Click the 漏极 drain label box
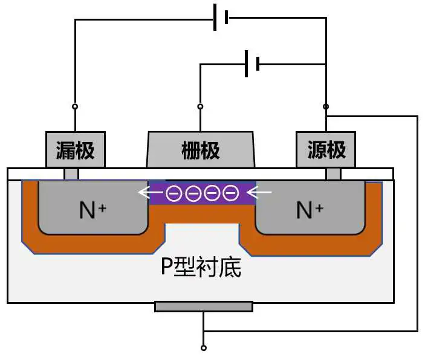click(76, 149)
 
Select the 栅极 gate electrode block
click(201, 150)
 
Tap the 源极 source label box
click(326, 149)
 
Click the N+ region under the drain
click(93, 209)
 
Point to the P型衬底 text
click(201, 266)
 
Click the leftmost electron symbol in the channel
click(174, 194)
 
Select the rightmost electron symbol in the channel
click(230, 194)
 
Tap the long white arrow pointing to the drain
click(151, 194)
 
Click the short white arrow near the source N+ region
click(260, 194)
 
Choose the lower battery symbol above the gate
click(251, 63)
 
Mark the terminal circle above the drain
click(75, 107)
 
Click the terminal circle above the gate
click(201, 107)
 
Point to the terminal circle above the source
click(326, 107)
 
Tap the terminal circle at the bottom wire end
click(204, 348)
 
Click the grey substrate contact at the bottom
click(204, 307)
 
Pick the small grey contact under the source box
click(333, 174)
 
